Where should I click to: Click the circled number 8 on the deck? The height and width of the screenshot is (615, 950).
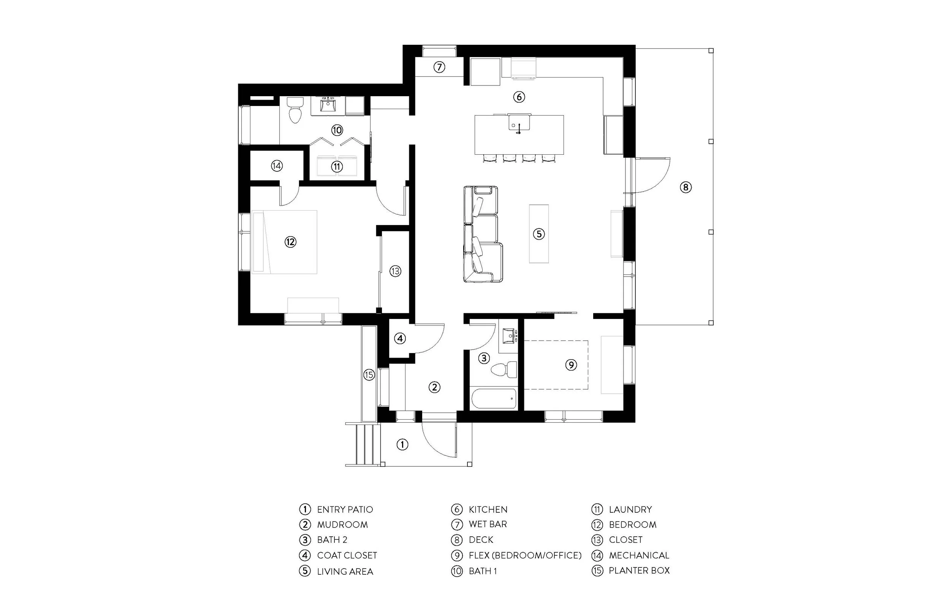click(x=686, y=187)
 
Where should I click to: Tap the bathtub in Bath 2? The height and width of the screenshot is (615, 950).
click(x=494, y=399)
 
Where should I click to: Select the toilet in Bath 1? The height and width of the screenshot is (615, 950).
click(x=295, y=110)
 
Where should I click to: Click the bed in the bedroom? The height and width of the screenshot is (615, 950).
click(x=285, y=242)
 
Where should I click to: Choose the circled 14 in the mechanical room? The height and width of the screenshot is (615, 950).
click(x=277, y=166)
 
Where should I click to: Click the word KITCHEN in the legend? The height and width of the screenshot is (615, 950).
click(x=488, y=510)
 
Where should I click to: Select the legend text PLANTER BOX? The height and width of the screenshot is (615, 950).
click(x=639, y=571)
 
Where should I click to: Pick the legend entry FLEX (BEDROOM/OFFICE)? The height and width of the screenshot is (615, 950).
click(x=525, y=555)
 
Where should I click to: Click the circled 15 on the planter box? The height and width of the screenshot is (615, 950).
click(x=369, y=375)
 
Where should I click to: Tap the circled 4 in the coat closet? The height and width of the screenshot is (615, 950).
click(x=400, y=339)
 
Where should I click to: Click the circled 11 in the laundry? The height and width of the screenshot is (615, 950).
click(x=337, y=166)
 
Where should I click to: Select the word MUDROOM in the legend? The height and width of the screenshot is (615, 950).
click(x=342, y=525)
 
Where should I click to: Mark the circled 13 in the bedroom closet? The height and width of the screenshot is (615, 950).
click(x=395, y=271)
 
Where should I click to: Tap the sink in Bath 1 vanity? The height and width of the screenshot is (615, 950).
click(x=328, y=105)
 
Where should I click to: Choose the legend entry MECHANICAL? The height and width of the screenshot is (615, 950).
click(x=639, y=555)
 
